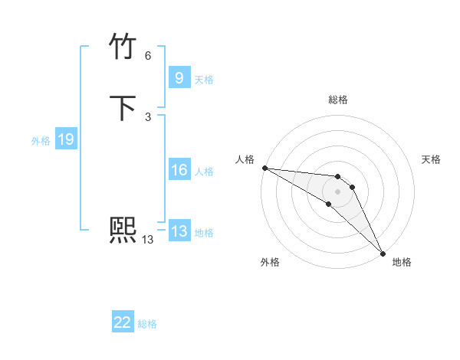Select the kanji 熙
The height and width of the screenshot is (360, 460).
(123, 229)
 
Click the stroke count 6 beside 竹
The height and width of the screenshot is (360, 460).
(148, 56)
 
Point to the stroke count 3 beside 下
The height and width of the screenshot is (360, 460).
(148, 116)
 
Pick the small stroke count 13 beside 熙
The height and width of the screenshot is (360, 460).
(148, 240)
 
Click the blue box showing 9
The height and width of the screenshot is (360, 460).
(179, 77)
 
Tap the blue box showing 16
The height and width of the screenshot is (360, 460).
(179, 170)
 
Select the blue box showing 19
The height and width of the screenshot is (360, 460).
(66, 139)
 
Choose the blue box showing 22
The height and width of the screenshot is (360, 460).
(123, 322)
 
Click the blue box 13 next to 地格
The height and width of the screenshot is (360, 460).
(179, 231)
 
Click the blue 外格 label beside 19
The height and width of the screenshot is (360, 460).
(41, 141)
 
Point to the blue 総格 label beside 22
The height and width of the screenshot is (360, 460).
(147, 324)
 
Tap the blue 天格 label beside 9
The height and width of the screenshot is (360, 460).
(204, 80)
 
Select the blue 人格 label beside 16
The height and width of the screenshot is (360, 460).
(204, 172)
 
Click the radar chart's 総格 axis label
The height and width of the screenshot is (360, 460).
(338, 100)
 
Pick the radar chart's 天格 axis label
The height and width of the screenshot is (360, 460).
(431, 159)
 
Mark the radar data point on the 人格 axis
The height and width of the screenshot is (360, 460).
(264, 168)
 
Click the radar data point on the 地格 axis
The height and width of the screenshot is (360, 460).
(383, 253)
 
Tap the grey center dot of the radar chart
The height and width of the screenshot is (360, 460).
(338, 191)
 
